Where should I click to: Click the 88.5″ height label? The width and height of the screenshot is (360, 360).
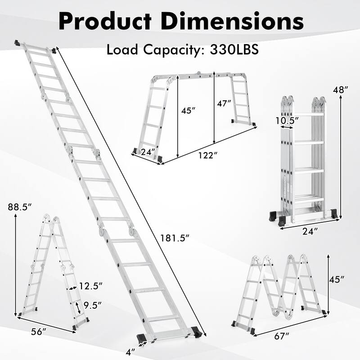pyautogui.click(x=21, y=208)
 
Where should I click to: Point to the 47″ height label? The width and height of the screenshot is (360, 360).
pyautogui.click(x=224, y=103)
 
